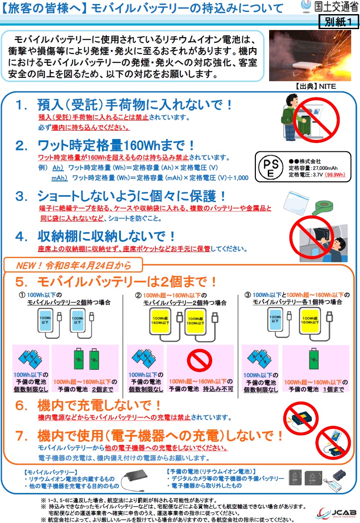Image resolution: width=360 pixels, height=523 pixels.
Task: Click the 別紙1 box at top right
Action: tap(339, 22)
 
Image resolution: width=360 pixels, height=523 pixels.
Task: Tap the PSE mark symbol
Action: tap(271, 167)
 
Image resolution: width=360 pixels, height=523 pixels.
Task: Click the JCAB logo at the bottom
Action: tap(336, 512)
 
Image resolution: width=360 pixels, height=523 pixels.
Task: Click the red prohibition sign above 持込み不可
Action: tap(199, 360)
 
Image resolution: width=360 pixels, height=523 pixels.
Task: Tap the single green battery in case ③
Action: tap(314, 359)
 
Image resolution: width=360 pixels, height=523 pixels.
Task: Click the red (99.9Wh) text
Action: tap(335, 175)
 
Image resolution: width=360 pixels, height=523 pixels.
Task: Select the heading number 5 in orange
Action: tap(21, 282)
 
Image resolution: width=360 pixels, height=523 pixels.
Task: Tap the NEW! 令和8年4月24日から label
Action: tap(74, 266)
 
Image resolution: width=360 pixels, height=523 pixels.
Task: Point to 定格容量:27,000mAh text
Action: tap(313, 168)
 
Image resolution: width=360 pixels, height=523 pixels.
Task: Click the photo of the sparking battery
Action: tap(310, 56)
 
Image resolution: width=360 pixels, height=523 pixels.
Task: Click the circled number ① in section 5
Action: tap(22, 295)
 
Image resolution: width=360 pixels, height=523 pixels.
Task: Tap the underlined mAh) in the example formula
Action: tap(59, 178)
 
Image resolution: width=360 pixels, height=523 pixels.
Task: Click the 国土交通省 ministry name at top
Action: tap(336, 6)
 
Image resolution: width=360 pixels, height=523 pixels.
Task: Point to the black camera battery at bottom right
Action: tap(339, 474)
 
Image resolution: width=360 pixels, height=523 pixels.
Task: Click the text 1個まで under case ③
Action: tap(334, 389)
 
